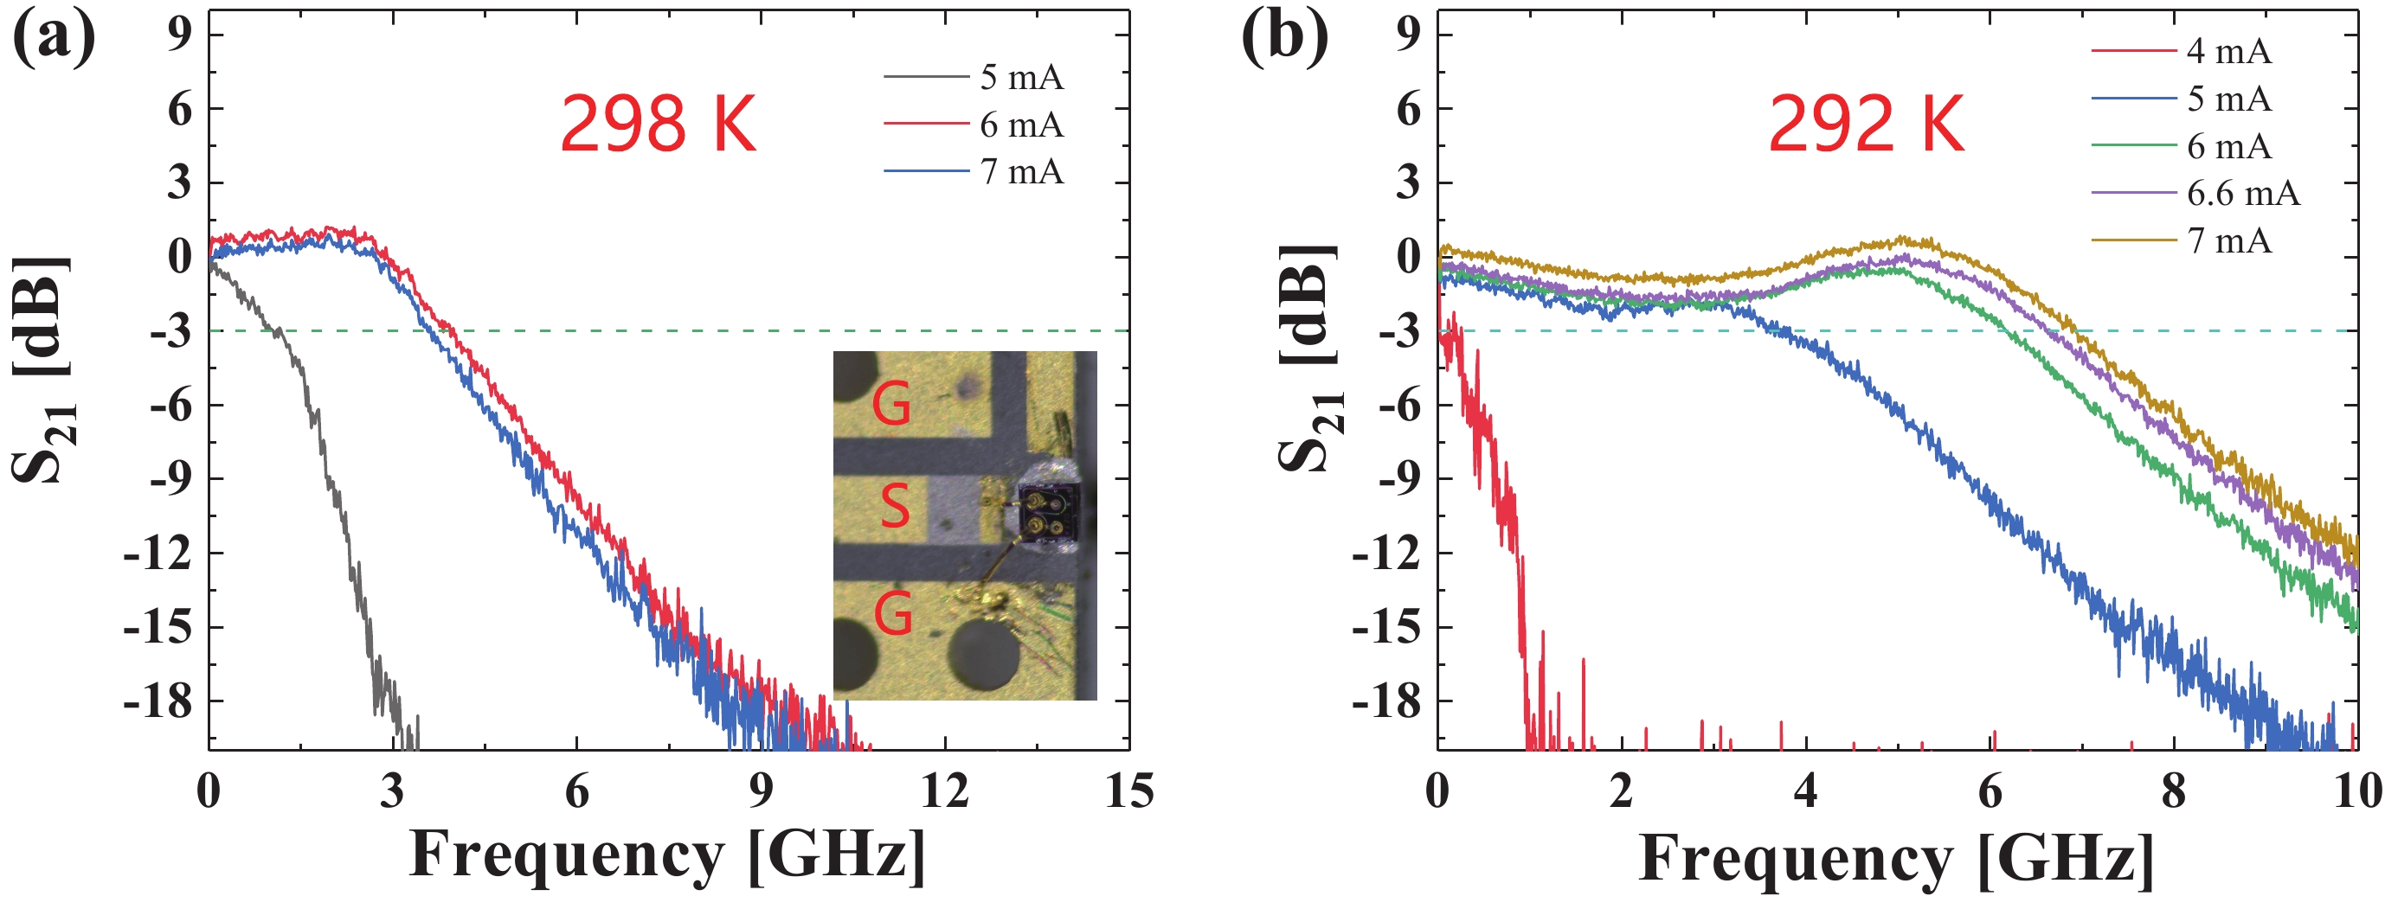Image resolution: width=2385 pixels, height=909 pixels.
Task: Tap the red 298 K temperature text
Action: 659,124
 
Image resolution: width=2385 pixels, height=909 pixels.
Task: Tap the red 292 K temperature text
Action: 1866,124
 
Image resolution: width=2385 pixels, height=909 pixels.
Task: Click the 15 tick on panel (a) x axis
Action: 1128,791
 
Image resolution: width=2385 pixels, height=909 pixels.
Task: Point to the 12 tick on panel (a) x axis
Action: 944,791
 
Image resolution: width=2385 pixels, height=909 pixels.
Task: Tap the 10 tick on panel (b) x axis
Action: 2356,791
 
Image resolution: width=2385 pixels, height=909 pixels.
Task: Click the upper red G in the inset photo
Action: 891,405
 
